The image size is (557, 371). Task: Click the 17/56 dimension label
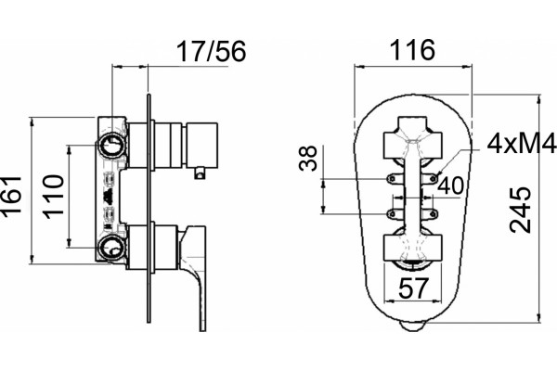coord(211,52)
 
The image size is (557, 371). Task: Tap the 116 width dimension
coord(412,50)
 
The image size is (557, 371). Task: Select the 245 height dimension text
coord(520,211)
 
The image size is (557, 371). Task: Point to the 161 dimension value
coord(11,196)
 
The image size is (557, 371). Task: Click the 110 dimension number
coord(54,196)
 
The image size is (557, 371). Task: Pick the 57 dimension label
coord(413,288)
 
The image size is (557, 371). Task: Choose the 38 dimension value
coord(307,159)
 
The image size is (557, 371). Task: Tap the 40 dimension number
coord(451,185)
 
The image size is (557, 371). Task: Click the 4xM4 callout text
coord(522,144)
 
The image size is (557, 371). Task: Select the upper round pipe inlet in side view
coord(112,146)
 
